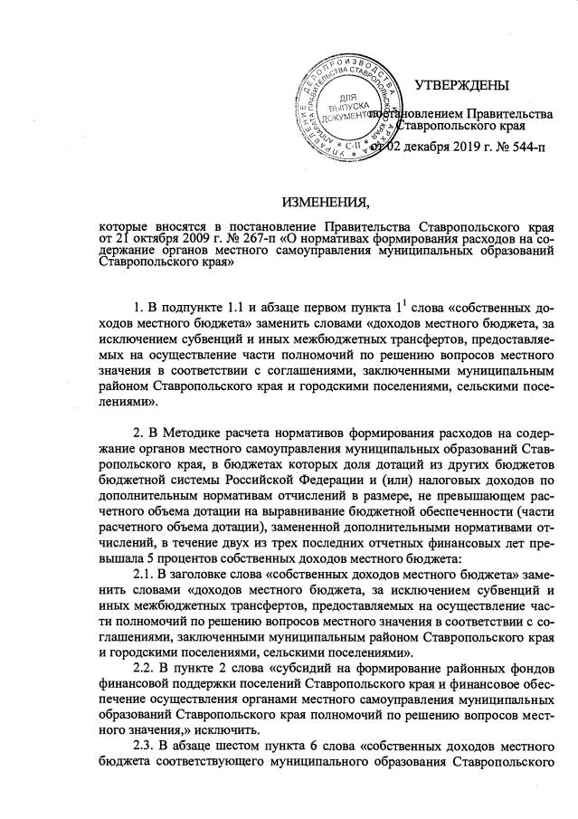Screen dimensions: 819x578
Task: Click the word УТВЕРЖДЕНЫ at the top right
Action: click(x=461, y=86)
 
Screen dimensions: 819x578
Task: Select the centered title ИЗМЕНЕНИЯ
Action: click(x=327, y=200)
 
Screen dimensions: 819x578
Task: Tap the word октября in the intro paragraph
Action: click(x=148, y=237)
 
